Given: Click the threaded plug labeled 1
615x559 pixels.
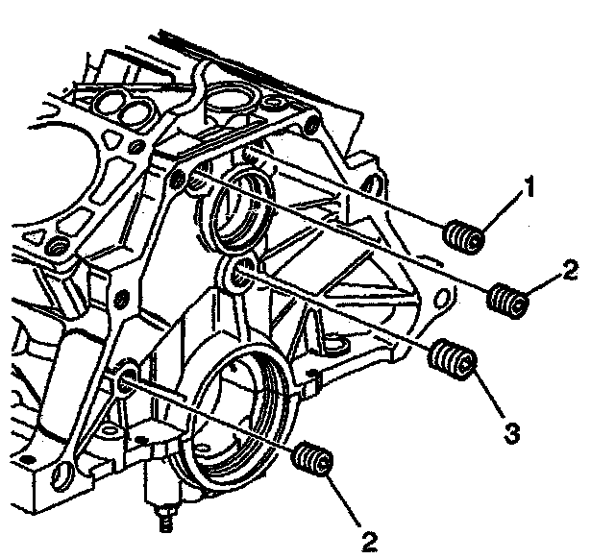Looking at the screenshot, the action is tap(465, 236).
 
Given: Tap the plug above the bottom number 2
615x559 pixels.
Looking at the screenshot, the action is tap(315, 460).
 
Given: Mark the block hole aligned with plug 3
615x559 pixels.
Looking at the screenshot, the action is tap(243, 271).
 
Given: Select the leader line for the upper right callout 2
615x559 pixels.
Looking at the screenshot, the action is tap(543, 286).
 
